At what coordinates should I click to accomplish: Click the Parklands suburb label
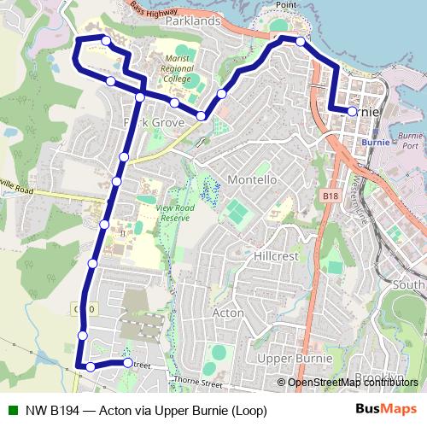[195, 20]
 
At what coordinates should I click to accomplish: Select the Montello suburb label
[252, 180]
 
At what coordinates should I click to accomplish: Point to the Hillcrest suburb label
[274, 255]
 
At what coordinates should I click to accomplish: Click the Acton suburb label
[227, 313]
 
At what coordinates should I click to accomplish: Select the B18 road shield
[332, 196]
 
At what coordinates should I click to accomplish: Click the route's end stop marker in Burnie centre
[353, 111]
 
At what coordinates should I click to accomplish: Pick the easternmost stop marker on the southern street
[128, 363]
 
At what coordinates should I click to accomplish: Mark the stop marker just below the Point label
[301, 40]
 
